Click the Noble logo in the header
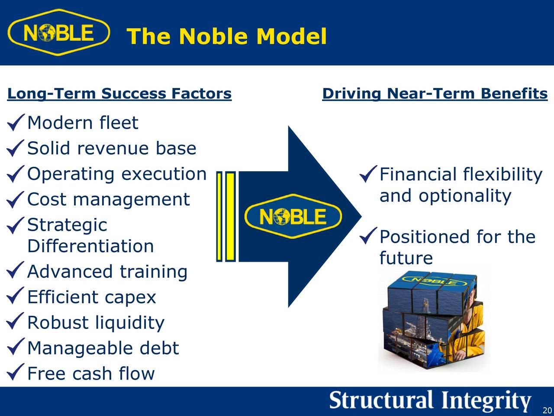[x=58, y=33]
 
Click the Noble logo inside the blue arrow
[x=293, y=216]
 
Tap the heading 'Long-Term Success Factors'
[x=119, y=94]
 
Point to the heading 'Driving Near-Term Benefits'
[x=435, y=94]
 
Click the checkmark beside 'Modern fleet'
[x=15, y=123]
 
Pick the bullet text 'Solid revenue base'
[x=112, y=149]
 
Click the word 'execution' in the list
[x=164, y=174]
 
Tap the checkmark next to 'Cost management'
[x=15, y=200]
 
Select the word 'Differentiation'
[x=90, y=246]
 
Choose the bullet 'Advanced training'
[x=107, y=272]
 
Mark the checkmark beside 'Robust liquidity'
[x=15, y=323]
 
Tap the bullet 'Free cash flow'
[x=90, y=374]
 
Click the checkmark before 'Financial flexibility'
[x=367, y=175]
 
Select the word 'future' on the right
[x=406, y=258]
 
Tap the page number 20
[x=547, y=410]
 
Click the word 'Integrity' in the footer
[x=486, y=401]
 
